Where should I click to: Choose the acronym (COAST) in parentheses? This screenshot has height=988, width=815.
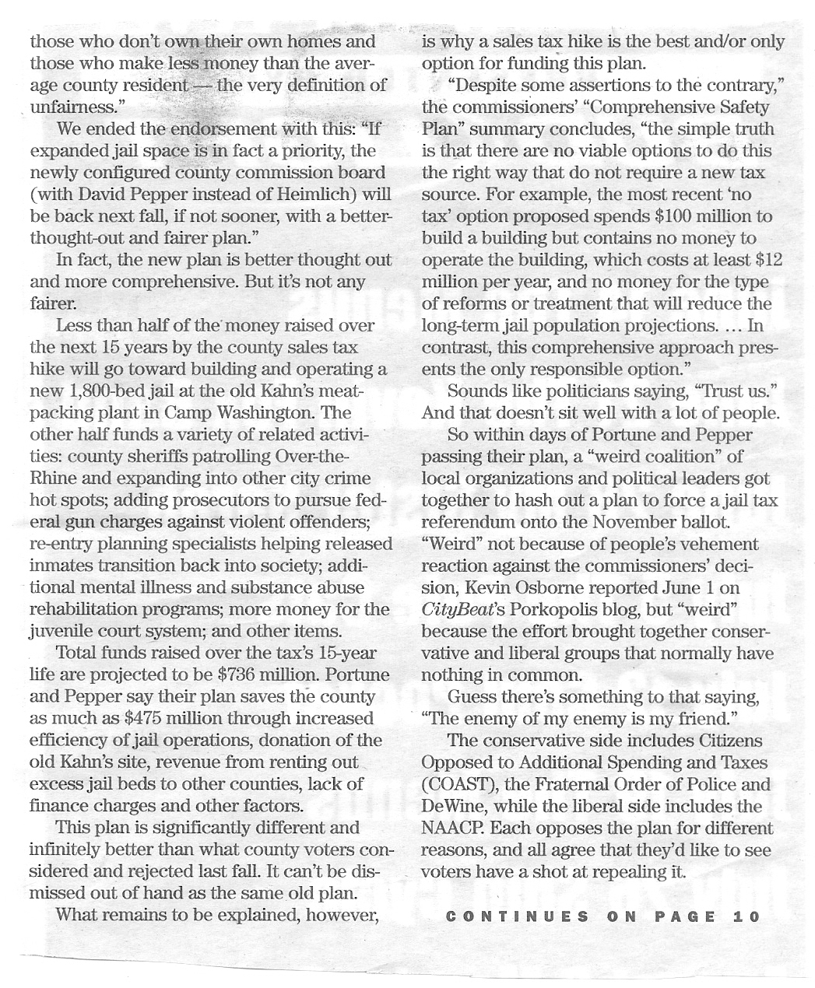[x=455, y=785]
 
